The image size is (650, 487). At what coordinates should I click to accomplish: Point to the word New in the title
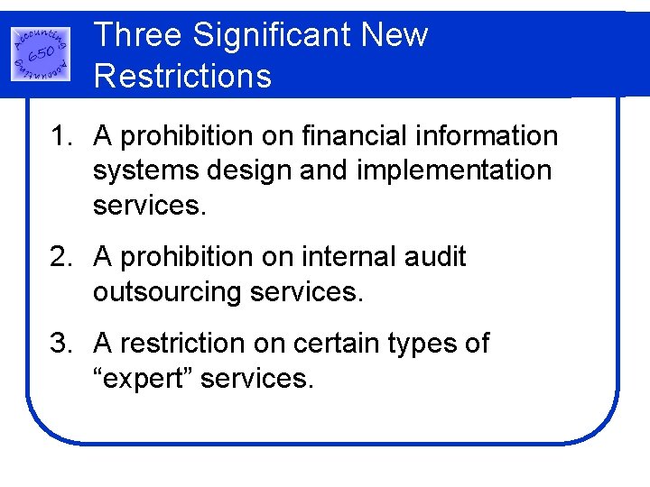(x=395, y=35)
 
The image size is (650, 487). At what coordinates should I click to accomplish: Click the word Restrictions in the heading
(x=182, y=76)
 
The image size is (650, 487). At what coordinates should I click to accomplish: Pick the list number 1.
(x=59, y=136)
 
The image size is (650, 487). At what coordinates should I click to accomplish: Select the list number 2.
(x=59, y=257)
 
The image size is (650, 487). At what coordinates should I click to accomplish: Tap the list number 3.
(x=59, y=344)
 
